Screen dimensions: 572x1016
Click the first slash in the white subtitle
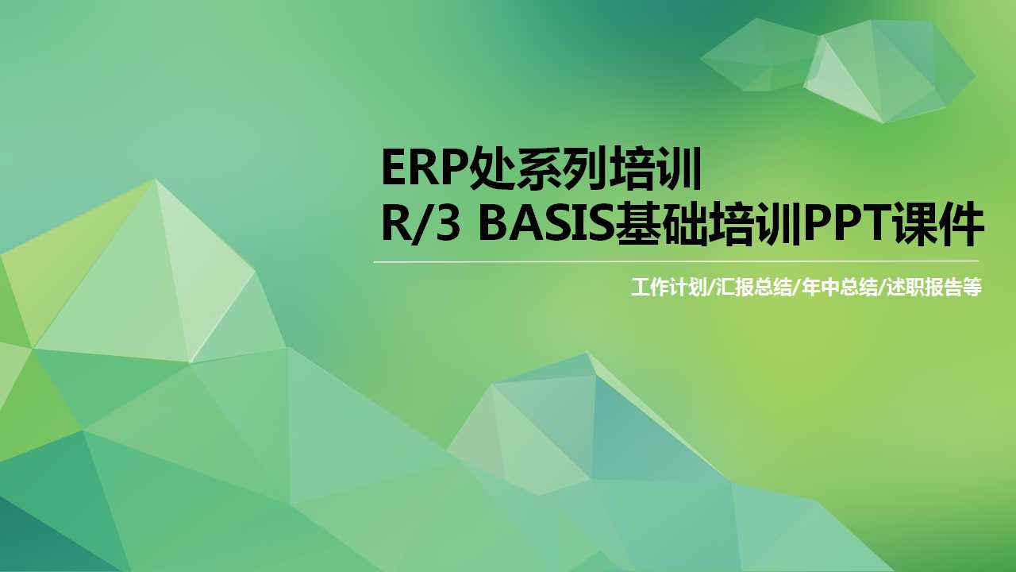point(710,288)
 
